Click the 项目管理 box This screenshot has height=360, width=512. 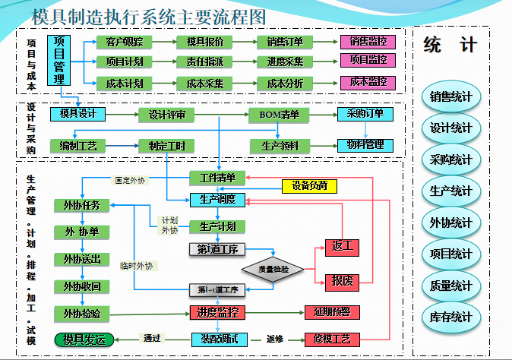pos(59,59)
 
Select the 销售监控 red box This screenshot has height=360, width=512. pos(368,42)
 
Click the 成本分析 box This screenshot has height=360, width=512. pos(286,82)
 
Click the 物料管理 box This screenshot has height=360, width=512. pos(365,144)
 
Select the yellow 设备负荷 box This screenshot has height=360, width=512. pos(309,185)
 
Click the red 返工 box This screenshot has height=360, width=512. pos(342,248)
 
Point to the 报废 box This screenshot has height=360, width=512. pos(342,281)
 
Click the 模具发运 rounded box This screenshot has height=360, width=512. pos(84,339)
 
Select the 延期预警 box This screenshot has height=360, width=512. pos(331,312)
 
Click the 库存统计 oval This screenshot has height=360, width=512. pos(451,317)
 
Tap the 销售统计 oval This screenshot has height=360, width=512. pos(451,96)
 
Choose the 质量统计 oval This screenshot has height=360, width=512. pos(451,286)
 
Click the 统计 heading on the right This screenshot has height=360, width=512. pos(450,45)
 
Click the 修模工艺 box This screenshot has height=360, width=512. pos(331,339)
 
